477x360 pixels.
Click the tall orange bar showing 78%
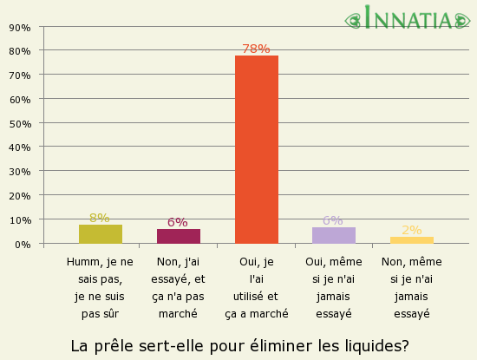click(x=257, y=149)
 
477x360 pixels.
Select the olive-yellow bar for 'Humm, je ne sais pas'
click(x=101, y=234)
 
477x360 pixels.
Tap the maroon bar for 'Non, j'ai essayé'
click(x=179, y=236)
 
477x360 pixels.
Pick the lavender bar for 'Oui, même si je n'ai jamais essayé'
click(x=334, y=235)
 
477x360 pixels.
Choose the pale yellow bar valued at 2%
click(x=412, y=240)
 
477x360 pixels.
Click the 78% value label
click(x=256, y=49)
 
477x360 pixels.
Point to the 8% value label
click(x=99, y=218)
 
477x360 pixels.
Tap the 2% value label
click(x=411, y=230)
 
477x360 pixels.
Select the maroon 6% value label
click(x=177, y=222)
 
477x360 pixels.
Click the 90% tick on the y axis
click(x=19, y=28)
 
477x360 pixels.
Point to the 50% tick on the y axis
click(x=19, y=124)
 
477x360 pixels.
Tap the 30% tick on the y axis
click(x=19, y=172)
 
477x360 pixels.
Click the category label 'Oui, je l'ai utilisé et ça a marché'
click(x=256, y=288)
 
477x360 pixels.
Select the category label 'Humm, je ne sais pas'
click(x=100, y=288)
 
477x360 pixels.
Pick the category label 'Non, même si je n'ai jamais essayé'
click(x=411, y=288)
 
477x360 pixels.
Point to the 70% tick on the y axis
click(x=19, y=75)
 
